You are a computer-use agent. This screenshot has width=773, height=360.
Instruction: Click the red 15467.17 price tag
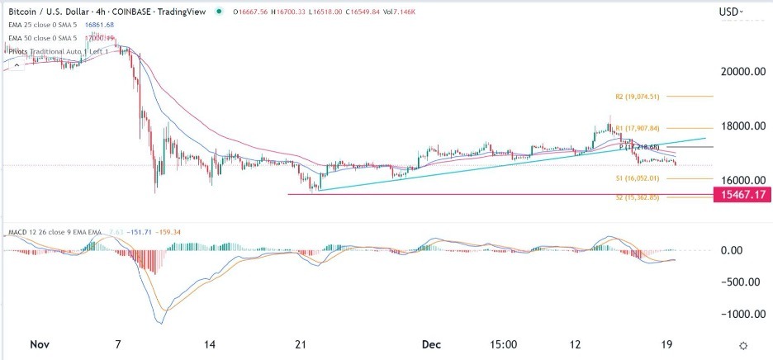pyautogui.click(x=741, y=195)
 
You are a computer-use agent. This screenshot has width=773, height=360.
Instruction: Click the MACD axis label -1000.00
pyautogui.click(x=739, y=315)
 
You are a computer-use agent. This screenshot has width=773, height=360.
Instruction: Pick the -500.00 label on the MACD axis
pyautogui.click(x=742, y=282)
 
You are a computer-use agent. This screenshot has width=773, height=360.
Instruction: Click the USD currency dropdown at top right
pyautogui.click(x=731, y=12)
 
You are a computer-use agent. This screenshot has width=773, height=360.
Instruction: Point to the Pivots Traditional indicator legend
pyautogui.click(x=58, y=51)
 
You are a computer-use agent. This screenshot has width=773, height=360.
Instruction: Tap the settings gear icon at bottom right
pyautogui.click(x=743, y=345)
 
